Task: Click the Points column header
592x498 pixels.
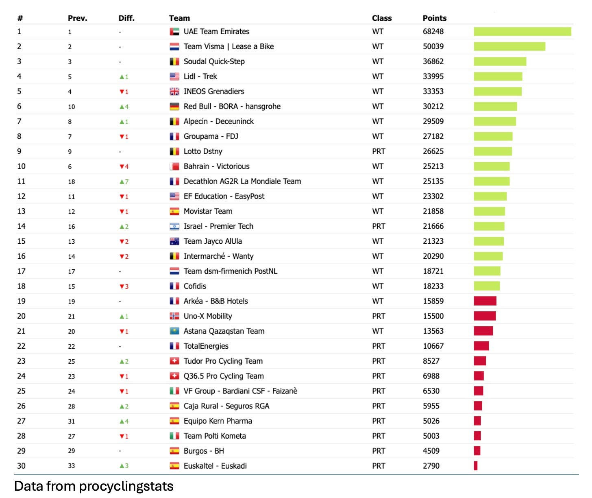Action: [x=434, y=18]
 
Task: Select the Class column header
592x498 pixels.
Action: [x=381, y=18]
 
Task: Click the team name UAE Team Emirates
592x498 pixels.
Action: [x=216, y=31]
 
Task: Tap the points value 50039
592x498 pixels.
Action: [x=433, y=46]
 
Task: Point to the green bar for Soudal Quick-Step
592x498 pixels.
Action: [x=500, y=61]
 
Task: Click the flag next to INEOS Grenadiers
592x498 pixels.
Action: [x=174, y=92]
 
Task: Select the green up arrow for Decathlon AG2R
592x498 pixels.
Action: [x=122, y=181]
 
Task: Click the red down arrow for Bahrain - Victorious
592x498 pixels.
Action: [x=122, y=166]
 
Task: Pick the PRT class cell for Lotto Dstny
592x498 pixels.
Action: [x=378, y=151]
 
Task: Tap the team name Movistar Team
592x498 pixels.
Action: [x=208, y=211]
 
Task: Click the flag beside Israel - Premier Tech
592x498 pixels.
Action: [x=174, y=226]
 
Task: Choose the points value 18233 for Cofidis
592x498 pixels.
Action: [x=433, y=286]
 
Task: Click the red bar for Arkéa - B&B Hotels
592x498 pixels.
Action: [x=485, y=301]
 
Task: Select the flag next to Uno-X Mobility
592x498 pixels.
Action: [x=174, y=316]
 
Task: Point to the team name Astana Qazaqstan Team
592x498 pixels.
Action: [x=224, y=331]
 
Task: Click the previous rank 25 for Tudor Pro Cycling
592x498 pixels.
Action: [x=72, y=361]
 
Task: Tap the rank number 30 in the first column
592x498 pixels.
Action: [x=21, y=466]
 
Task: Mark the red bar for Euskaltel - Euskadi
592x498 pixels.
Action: [x=475, y=466]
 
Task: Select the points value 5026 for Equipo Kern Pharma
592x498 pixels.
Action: [x=431, y=421]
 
